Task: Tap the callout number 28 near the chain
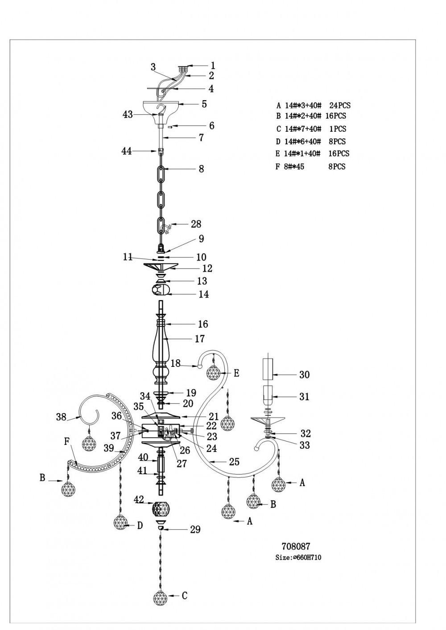[196, 224]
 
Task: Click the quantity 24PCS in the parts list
[340, 106]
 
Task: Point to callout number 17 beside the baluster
[200, 339]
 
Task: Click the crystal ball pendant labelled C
[161, 597]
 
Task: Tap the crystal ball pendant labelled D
[120, 522]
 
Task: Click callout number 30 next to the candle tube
[304, 374]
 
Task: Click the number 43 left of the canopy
[128, 114]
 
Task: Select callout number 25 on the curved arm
[234, 462]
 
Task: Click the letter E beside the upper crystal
[236, 373]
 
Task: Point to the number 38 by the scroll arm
[62, 417]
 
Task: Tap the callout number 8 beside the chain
[202, 169]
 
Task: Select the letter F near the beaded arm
[67, 442]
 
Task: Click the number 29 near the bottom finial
[195, 529]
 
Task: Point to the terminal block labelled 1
[183, 69]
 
